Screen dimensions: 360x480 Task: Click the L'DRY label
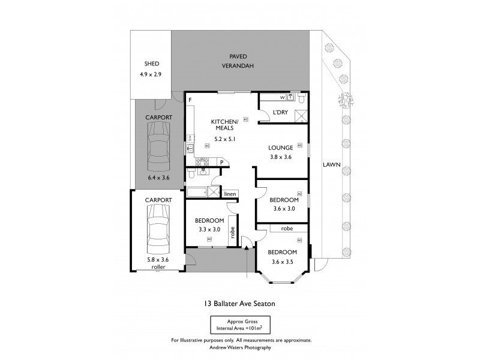(280, 112)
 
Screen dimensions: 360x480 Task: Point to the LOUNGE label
(280, 148)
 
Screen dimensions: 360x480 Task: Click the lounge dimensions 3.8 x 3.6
(280, 158)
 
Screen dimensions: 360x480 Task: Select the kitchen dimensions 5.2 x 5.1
(224, 139)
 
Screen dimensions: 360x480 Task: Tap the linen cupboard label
(229, 194)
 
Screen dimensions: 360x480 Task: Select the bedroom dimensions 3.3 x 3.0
(209, 229)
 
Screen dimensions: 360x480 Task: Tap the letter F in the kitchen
(190, 100)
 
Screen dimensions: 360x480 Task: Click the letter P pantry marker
(221, 162)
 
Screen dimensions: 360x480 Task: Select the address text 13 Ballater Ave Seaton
(240, 304)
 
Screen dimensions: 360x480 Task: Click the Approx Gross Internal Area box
(240, 326)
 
